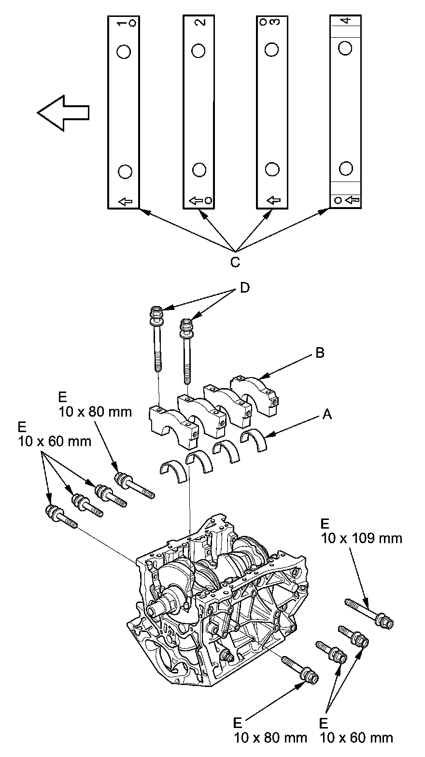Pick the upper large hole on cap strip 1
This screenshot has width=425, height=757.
click(x=124, y=51)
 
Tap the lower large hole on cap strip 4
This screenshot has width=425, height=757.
click(x=345, y=168)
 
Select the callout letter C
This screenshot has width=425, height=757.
click(x=235, y=262)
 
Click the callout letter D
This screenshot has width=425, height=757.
click(x=245, y=288)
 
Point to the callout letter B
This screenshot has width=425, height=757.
click(x=319, y=353)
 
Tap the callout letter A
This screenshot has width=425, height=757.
click(x=327, y=414)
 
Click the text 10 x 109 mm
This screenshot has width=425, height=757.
click(x=361, y=538)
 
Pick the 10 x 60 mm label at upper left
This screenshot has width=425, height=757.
click(x=54, y=441)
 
